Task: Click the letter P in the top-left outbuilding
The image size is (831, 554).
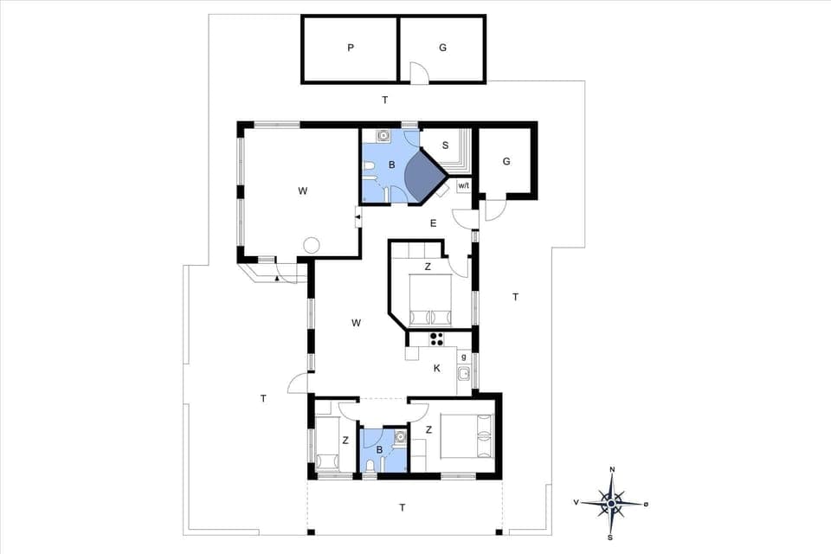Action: pos(351,48)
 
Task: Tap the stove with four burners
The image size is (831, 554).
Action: pos(437,338)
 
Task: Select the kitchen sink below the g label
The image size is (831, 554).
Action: pos(464,374)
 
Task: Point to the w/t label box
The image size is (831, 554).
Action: pos(463,186)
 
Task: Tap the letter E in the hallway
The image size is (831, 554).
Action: pos(434,224)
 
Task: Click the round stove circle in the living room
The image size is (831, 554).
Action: pos(311,246)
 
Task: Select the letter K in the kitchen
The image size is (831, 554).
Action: pos(437,368)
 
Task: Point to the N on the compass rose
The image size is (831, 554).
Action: pos(612,470)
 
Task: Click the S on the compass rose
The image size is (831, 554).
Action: pos(611,537)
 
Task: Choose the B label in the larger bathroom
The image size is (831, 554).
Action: pos(391,164)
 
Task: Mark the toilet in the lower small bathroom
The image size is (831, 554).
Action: pos(371,467)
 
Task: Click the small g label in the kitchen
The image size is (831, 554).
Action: pos(464,357)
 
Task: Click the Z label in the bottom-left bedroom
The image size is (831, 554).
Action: pos(345,441)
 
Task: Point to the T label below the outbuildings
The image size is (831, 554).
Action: pos(384,100)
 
